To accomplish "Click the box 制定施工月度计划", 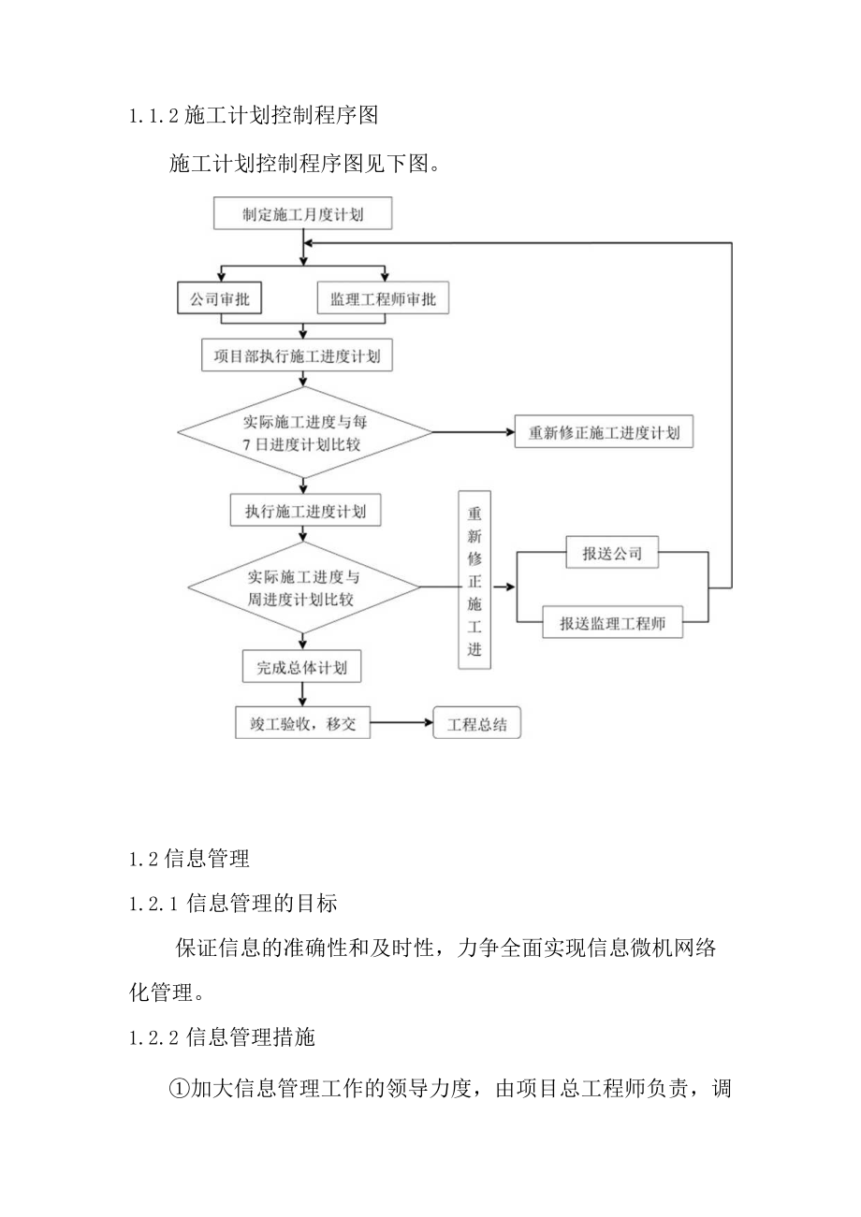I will pyautogui.click(x=303, y=214).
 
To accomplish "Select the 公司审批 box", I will pyautogui.click(x=220, y=299).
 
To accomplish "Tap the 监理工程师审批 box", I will pyautogui.click(x=383, y=299).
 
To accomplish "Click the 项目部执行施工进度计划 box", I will pyautogui.click(x=297, y=355).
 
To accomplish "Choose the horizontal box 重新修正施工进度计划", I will pyautogui.click(x=605, y=433).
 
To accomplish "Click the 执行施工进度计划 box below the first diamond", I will pyautogui.click(x=305, y=511).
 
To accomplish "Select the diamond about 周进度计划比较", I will pyautogui.click(x=303, y=588).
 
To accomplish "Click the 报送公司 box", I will pyautogui.click(x=612, y=553).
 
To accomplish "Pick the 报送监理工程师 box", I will pyautogui.click(x=612, y=623).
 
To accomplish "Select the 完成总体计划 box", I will pyautogui.click(x=301, y=668).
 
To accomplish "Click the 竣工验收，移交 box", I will pyautogui.click(x=302, y=723).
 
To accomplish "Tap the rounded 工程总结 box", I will pyautogui.click(x=477, y=724).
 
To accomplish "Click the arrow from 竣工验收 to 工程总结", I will pyautogui.click(x=401, y=723).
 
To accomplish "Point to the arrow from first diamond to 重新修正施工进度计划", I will pyautogui.click(x=473, y=433).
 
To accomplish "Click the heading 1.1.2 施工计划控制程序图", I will pyautogui.click(x=253, y=116).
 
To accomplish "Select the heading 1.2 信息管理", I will pyautogui.click(x=189, y=859).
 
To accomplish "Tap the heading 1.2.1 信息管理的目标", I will pyautogui.click(x=233, y=903).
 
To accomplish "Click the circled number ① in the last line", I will pyautogui.click(x=179, y=1088).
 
